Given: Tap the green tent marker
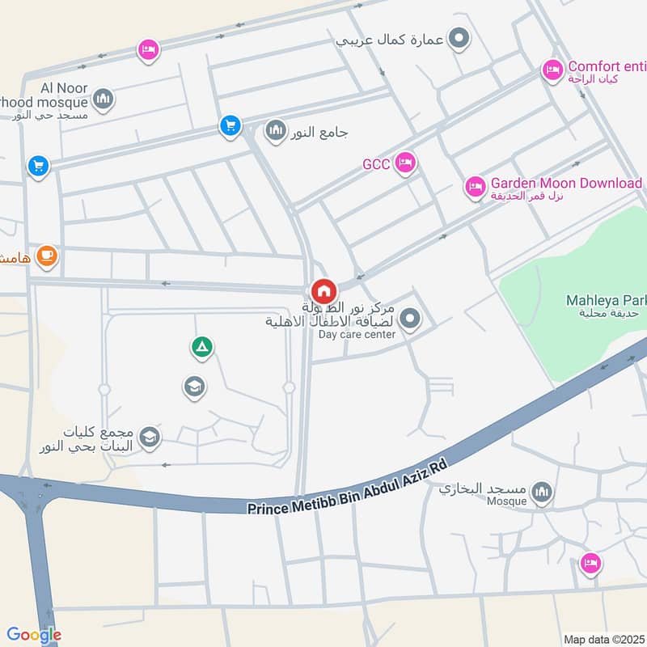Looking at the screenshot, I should click(201, 347).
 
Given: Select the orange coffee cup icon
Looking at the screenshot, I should click(48, 256).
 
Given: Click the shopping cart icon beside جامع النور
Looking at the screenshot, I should click(230, 125).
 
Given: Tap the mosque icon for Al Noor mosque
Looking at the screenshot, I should click(103, 100).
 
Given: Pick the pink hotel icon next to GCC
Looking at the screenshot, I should click(405, 163).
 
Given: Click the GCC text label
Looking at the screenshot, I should click(376, 164).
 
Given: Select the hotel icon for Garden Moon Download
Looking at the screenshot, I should click(476, 187).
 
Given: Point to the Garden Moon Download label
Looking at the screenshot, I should click(566, 183).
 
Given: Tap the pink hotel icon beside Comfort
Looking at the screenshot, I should click(552, 70).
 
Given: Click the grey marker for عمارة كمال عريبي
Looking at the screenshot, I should click(459, 37).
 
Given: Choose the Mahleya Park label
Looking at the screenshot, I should click(603, 301).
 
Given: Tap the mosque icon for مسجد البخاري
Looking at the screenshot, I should click(543, 491).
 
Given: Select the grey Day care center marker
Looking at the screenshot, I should click(410, 319).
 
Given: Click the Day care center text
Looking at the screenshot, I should click(357, 334).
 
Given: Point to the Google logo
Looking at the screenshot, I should click(34, 635).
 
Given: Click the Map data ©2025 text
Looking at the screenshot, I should click(602, 639).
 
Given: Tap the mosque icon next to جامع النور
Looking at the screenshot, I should click(277, 129).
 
